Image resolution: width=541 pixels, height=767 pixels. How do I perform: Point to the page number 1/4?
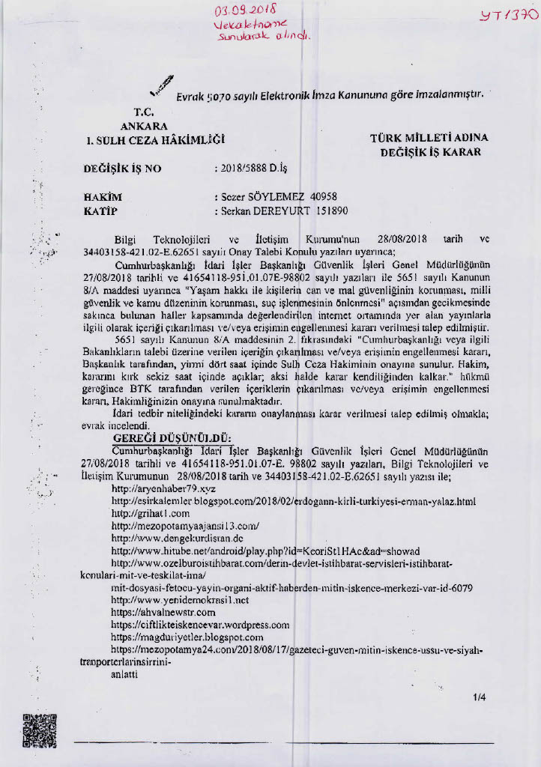tap(480, 698)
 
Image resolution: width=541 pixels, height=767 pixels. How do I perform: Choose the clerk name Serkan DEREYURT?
tap(268, 211)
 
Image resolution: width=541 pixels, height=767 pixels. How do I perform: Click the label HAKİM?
tap(103, 197)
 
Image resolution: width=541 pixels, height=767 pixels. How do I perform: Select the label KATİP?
tap(102, 211)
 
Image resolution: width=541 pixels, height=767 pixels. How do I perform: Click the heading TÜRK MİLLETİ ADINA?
tap(429, 138)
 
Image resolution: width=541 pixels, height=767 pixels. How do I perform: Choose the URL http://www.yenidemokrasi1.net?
tap(180, 600)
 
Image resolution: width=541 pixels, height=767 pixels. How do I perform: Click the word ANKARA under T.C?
tap(144, 125)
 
